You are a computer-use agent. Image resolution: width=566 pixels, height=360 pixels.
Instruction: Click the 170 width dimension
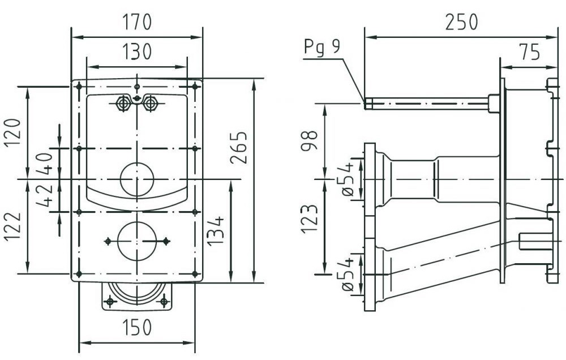click(x=136, y=23)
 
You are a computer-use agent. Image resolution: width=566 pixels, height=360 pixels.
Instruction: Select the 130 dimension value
click(x=136, y=52)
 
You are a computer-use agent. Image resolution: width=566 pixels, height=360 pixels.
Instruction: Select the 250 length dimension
click(x=461, y=23)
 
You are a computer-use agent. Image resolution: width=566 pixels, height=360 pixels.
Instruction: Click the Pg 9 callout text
click(x=322, y=46)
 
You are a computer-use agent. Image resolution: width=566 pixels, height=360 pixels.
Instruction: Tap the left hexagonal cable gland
click(x=122, y=104)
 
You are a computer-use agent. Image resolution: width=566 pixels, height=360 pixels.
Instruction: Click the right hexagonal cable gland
click(x=150, y=104)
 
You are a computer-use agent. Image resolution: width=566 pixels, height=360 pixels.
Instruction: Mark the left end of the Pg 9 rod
click(x=368, y=104)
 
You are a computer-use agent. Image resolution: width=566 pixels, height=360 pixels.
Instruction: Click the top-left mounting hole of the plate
click(x=79, y=86)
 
